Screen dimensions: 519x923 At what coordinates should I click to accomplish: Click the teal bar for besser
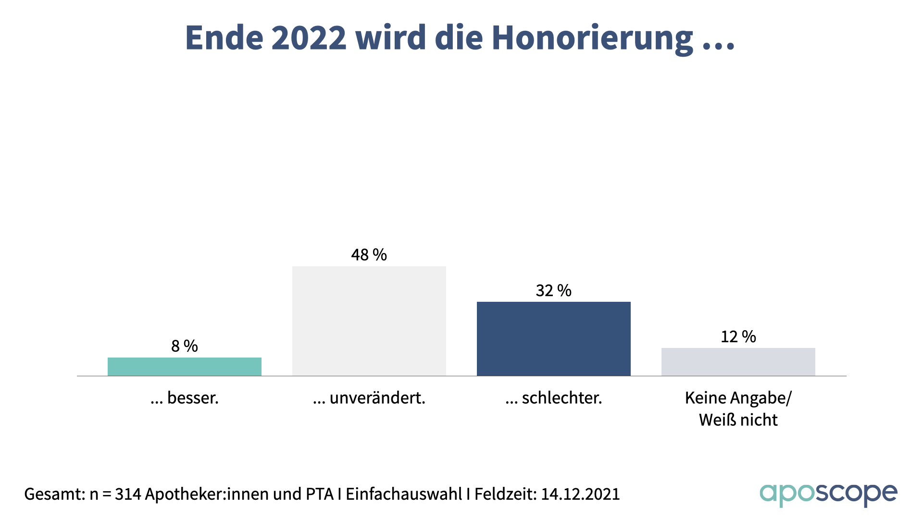tap(185, 367)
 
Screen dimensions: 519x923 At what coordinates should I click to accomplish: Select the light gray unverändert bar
tap(369, 321)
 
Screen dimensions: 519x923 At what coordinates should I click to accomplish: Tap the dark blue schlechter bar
tap(554, 339)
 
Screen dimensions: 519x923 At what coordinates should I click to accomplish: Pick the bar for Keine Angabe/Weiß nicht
tap(738, 362)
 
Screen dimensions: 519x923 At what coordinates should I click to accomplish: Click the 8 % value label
tap(185, 346)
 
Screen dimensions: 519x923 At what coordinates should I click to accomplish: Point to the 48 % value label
tap(369, 255)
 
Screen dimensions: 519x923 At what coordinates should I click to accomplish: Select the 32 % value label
tap(554, 291)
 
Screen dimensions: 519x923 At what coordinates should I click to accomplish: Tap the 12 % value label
tap(738, 336)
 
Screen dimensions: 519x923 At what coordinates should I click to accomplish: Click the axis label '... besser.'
tap(185, 398)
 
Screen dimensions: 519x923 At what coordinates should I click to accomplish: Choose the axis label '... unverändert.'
tap(369, 398)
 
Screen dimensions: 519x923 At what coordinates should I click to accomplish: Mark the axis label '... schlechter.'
tap(554, 398)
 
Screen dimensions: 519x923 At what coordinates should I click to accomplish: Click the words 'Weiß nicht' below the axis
tap(738, 420)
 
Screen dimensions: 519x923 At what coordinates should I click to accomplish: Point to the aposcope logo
tap(828, 494)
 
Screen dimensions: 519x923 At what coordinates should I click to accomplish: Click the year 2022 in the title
tap(309, 37)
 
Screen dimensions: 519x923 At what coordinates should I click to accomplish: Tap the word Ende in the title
tap(224, 37)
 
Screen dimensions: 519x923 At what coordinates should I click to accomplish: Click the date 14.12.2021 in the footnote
tap(581, 494)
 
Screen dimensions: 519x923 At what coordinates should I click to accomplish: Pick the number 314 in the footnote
tap(127, 494)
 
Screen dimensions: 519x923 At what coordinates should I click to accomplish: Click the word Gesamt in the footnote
tap(53, 494)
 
